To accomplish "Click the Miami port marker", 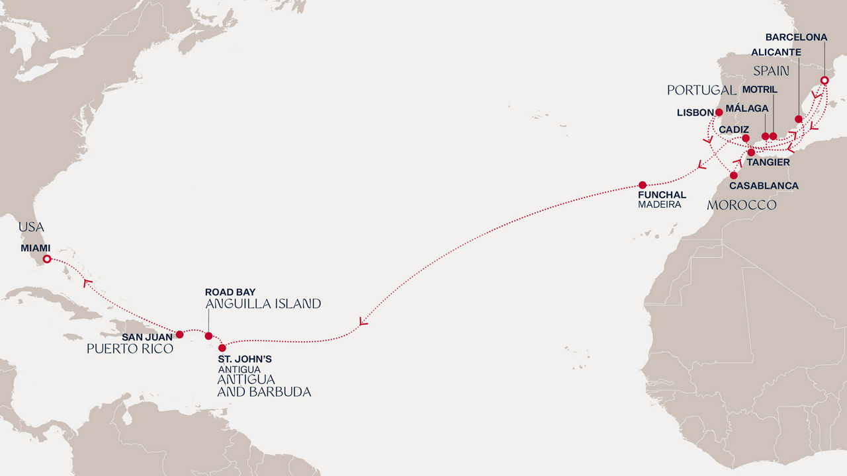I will coord(47,259).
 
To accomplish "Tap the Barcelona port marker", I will coord(824,81).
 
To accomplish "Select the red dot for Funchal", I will coord(643,185).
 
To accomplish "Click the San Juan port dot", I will coord(179,334).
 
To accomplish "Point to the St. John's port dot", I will coord(222,348).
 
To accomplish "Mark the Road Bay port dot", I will coord(208,336).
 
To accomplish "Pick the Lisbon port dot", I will coord(719,112).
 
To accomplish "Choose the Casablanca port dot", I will coord(734,175).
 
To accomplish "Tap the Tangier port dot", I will coord(751,152).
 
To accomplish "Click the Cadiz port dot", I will coord(746,138).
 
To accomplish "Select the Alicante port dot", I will coord(799,119).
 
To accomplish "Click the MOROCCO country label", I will coord(741,205).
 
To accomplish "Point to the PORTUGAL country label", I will coord(701,90).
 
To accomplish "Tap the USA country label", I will coord(31,227).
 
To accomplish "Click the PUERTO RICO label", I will coord(130,348).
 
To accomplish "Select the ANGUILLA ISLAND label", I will coord(263,304).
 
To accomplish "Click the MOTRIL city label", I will coord(760,89).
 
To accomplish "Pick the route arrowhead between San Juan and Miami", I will coord(86,283).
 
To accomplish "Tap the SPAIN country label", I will coord(772,70).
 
